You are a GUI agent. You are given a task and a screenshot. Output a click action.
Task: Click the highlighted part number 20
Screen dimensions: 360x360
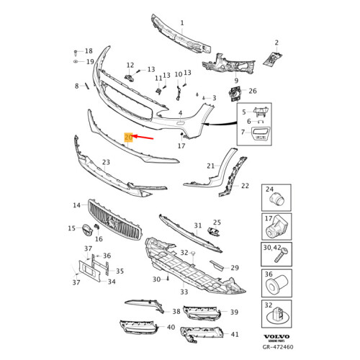tap(128, 136)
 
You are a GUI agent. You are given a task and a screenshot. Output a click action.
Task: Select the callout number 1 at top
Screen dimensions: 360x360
tap(181, 22)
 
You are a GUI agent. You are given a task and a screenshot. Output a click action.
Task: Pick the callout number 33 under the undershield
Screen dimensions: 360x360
tap(184, 292)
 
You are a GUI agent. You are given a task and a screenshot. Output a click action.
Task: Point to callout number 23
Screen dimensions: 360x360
tap(106, 163)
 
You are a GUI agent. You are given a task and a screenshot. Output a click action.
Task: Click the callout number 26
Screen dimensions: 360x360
tap(252, 91)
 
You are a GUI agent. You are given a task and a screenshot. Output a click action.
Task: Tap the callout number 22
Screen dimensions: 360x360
tap(245, 186)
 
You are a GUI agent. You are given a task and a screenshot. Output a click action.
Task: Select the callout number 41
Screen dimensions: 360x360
tap(234, 334)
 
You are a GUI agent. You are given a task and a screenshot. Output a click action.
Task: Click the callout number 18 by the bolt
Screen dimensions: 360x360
tap(89, 51)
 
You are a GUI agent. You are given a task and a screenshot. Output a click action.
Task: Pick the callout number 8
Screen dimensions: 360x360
tap(76, 86)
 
